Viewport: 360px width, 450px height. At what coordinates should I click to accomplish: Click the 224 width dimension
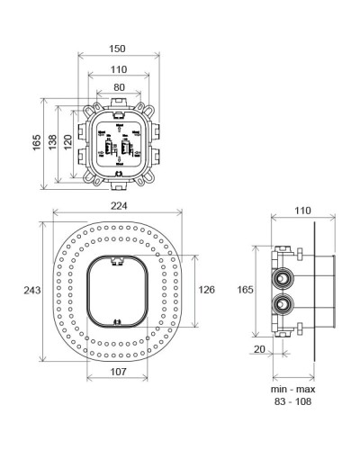click(118, 205)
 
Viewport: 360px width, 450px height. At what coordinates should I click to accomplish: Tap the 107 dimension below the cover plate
click(118, 372)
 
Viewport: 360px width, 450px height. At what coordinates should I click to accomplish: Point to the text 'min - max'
click(292, 390)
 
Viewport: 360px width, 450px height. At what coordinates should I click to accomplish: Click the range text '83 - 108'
click(292, 404)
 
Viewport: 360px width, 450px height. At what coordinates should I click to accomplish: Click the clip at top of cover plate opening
click(118, 262)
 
